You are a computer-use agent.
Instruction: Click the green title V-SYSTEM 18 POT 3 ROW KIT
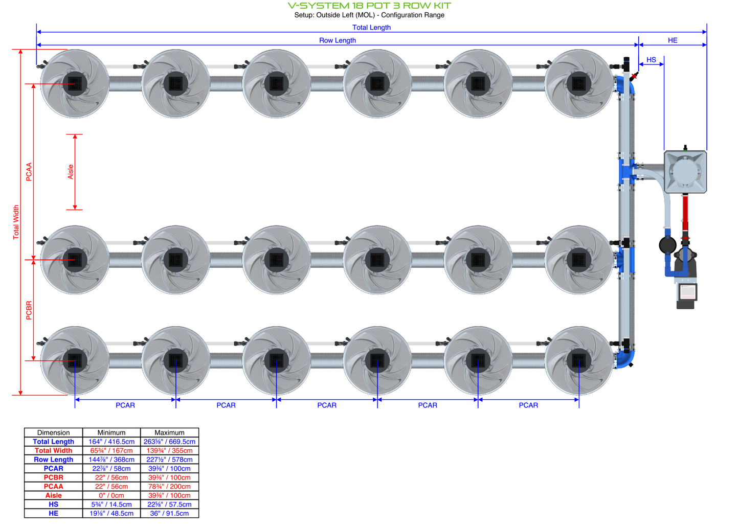point(369,6)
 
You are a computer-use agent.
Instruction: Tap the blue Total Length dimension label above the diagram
point(371,28)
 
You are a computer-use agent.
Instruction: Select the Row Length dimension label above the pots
point(337,40)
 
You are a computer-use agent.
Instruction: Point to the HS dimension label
point(651,60)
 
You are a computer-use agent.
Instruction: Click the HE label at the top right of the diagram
point(673,40)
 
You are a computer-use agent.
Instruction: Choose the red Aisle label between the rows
point(71,172)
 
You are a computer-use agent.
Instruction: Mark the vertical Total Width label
point(16,222)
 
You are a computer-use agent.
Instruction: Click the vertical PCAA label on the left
point(29,172)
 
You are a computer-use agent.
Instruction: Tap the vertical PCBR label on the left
point(29,310)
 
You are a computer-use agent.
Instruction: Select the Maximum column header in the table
point(169,432)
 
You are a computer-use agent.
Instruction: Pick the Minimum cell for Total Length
point(111,442)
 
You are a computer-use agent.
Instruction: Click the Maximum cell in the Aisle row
point(169,495)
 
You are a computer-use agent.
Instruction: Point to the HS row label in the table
point(54,505)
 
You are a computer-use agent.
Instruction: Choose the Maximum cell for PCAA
point(169,487)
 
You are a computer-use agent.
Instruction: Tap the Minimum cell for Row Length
point(111,460)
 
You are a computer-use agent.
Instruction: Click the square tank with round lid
point(685,172)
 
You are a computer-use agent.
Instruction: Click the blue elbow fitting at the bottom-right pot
point(626,357)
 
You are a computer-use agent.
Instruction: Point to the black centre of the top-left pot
point(75,83)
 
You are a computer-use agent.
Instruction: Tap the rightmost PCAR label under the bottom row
point(528,405)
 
